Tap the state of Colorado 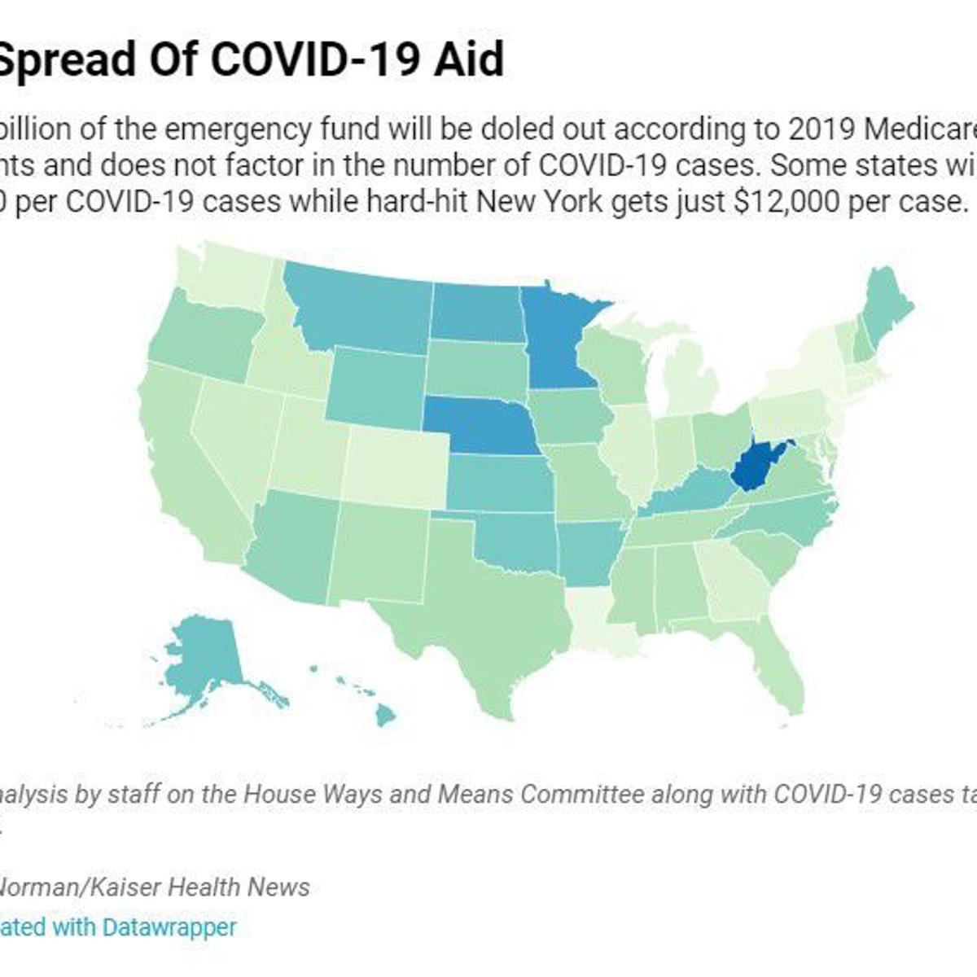tap(395, 464)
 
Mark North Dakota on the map tap(476, 313)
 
